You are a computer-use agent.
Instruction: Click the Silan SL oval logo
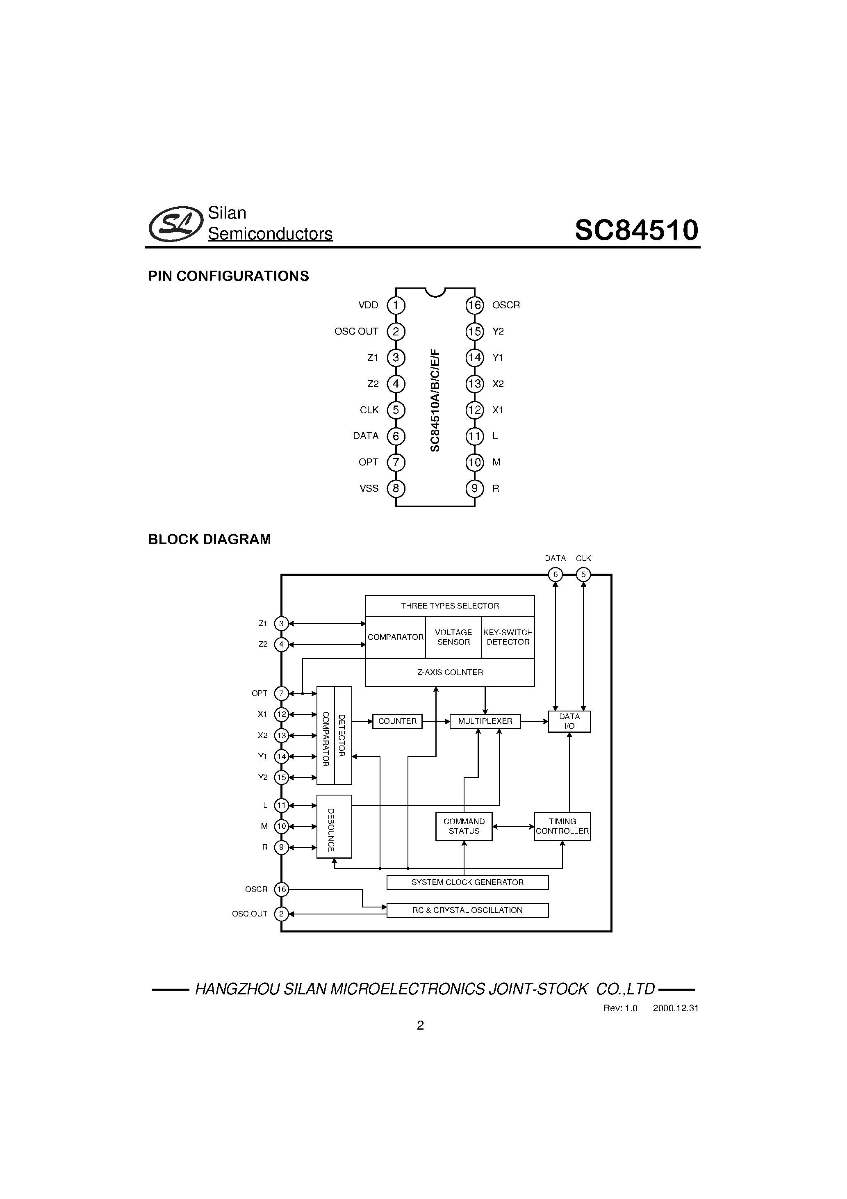coord(176,224)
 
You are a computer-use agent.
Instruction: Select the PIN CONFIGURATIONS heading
coord(229,276)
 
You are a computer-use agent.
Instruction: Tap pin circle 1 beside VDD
coord(396,305)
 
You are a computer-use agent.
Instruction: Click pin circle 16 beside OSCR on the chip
coord(474,305)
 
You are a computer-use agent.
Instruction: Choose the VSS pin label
coord(369,489)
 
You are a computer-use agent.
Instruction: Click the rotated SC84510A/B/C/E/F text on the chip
coord(435,401)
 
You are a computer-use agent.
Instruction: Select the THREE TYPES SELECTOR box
coord(450,606)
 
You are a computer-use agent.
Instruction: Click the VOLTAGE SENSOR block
coord(453,637)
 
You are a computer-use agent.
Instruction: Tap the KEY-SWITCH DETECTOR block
coord(508,637)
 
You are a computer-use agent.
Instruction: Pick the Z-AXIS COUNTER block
coord(450,672)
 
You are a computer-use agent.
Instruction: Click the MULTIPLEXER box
coord(485,721)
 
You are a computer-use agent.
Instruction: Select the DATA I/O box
coord(569,721)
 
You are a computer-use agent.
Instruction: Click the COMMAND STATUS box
coord(464,826)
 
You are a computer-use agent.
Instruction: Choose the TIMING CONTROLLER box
coord(562,826)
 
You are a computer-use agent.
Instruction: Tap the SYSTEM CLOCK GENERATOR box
coord(467,882)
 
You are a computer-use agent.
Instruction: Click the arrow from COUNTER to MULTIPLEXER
coord(436,721)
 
